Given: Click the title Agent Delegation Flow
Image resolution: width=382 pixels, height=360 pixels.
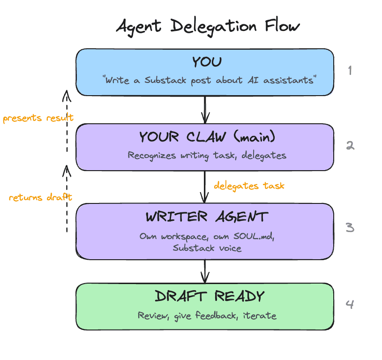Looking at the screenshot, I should [207, 27].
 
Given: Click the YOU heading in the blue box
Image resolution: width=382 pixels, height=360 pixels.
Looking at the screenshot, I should [206, 62].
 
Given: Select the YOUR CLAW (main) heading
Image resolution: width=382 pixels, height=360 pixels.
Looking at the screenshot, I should [207, 137].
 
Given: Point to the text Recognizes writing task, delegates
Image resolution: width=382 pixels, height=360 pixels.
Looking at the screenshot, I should [207, 155].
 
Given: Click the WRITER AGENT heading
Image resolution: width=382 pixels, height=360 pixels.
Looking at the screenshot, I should [207, 217].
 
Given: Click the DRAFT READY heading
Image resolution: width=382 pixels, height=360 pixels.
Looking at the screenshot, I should [209, 296].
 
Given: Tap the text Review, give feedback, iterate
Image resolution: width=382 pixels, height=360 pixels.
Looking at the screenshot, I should [207, 315].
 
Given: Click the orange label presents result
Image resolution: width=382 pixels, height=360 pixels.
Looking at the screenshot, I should [37, 118].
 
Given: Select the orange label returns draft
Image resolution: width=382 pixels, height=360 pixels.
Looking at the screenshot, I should [40, 197].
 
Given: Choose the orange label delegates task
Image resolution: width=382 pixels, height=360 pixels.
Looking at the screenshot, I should [249, 186].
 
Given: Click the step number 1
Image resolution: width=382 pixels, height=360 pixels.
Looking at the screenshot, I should [349, 71].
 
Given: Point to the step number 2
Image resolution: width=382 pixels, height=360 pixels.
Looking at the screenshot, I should [350, 146].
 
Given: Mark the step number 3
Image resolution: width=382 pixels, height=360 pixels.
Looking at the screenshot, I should [350, 228].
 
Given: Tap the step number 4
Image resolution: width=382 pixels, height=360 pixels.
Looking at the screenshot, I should [350, 305].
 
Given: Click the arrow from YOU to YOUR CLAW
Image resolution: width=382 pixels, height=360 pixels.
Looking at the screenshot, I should [205, 110].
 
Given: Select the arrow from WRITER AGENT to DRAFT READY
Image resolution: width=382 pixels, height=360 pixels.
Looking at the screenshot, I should [205, 271].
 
